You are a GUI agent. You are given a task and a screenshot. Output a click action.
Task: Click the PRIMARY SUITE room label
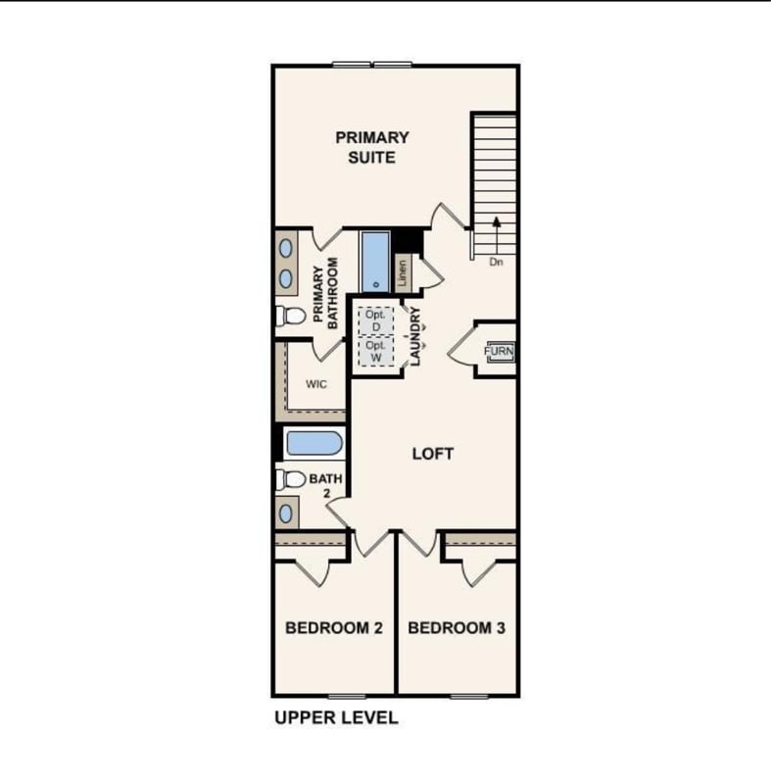point(372,148)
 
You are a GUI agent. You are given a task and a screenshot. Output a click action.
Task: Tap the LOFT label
point(433,454)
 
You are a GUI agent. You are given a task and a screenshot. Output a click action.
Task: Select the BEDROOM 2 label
point(334,627)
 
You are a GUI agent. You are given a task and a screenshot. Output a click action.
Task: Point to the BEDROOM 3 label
point(457,627)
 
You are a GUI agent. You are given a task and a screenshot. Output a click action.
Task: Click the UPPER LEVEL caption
point(336,717)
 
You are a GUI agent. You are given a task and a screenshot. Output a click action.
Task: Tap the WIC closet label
point(316,384)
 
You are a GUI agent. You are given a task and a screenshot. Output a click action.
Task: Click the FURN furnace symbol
point(499,351)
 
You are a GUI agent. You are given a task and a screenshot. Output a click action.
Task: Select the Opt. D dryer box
point(376,321)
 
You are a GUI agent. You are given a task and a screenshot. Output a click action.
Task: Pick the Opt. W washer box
point(376,352)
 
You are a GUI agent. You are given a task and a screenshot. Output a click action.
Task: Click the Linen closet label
point(403,273)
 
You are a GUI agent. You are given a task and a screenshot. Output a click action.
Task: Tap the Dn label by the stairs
point(496,262)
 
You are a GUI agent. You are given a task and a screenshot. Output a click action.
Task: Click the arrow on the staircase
point(496,235)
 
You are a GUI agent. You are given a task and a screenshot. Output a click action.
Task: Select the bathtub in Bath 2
point(314,443)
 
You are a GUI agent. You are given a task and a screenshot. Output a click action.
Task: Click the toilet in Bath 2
point(290,479)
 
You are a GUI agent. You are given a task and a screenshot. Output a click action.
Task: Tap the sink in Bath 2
point(286,514)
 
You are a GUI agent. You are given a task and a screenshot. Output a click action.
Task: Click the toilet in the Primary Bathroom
point(290,316)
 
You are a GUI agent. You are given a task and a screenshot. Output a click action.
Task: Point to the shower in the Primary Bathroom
point(375,262)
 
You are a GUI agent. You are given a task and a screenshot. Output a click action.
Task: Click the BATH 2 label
point(326,485)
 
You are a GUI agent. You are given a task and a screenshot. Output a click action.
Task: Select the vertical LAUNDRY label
point(415,336)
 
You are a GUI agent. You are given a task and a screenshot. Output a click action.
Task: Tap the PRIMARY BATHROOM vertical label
point(325,293)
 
